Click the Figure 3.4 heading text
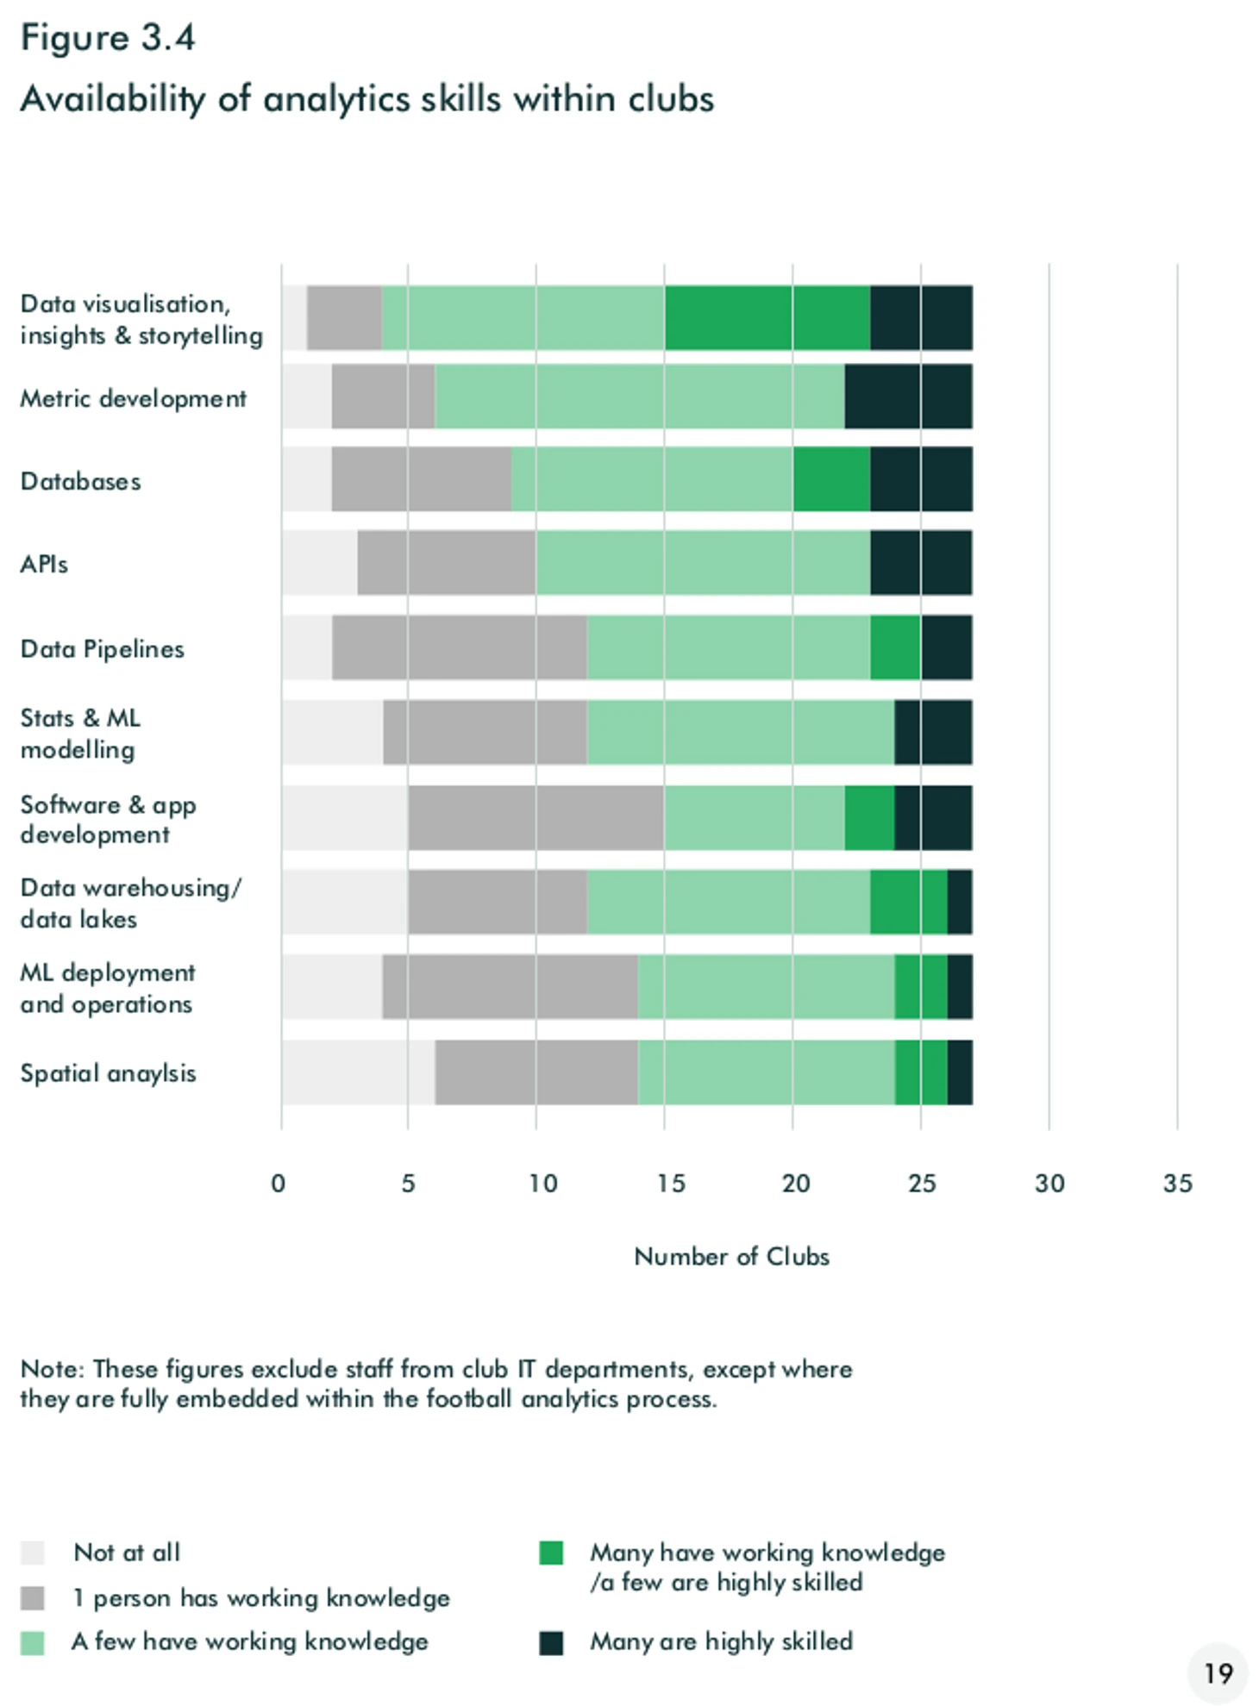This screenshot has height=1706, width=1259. [108, 39]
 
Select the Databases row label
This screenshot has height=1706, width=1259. [80, 481]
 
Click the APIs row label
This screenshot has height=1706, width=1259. [44, 564]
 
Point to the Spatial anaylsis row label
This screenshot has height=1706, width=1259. [108, 1073]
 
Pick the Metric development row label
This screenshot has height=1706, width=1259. [133, 398]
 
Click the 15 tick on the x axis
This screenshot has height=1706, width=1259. [670, 1183]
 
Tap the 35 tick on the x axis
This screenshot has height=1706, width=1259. [1177, 1183]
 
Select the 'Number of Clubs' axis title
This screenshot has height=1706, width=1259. [731, 1256]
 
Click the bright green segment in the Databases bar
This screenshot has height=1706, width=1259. [831, 479]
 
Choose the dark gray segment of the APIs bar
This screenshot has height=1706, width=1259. [446, 563]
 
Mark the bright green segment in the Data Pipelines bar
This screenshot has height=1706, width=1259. [895, 647]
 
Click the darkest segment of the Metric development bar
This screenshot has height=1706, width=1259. [908, 397]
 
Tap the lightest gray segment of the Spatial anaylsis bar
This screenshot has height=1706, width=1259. [358, 1072]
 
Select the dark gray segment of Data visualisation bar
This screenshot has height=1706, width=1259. [344, 318]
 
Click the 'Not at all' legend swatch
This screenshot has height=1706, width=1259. [32, 1552]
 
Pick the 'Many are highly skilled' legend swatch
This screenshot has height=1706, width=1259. [551, 1642]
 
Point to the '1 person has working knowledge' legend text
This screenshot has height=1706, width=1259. [260, 1597]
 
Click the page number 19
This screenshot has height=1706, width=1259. [1218, 1673]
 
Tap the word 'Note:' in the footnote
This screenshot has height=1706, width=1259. [52, 1369]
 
